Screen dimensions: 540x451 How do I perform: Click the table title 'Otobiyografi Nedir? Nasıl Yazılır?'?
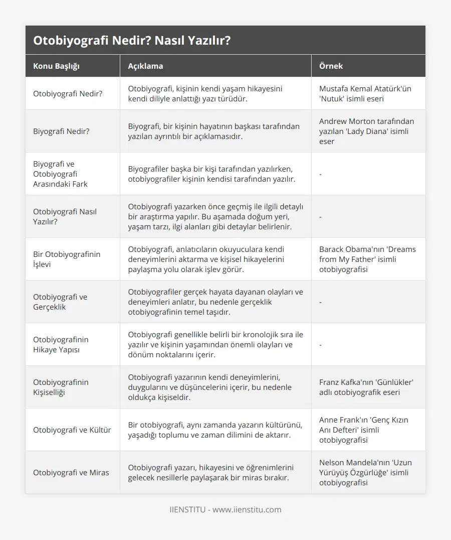(x=132, y=41)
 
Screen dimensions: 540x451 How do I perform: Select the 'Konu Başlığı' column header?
(x=56, y=66)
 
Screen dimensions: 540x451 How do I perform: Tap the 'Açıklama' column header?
(x=145, y=66)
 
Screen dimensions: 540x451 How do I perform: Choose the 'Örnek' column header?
(x=331, y=66)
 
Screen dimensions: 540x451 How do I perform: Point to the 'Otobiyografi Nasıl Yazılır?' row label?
(x=65, y=216)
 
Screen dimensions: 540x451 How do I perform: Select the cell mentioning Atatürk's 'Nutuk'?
(x=365, y=93)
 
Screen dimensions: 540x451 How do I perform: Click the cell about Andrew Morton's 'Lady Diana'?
(x=366, y=131)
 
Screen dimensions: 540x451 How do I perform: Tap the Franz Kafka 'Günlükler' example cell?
(x=366, y=387)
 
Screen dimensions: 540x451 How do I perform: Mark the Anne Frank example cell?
(x=363, y=430)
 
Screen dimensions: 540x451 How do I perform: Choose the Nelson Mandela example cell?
(x=365, y=472)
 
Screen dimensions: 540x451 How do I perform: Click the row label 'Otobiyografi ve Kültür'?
(x=72, y=430)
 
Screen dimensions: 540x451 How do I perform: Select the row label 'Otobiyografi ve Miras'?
(x=71, y=472)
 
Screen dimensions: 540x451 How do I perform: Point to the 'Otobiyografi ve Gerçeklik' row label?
(x=60, y=302)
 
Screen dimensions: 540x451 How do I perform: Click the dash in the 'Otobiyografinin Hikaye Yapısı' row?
(x=321, y=345)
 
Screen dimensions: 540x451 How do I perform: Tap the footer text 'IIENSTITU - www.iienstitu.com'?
(x=225, y=509)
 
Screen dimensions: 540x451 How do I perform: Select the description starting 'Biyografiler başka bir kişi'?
(x=211, y=174)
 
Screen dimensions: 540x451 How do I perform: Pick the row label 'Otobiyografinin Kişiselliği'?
(x=61, y=387)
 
